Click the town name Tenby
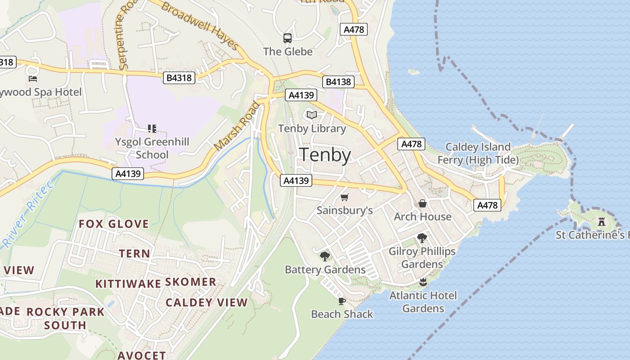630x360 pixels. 325,155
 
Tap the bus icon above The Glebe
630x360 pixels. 288,38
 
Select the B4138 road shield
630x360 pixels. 338,82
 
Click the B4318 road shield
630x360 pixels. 179,78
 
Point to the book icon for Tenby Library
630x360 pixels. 312,115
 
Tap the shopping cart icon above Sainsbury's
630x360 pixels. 345,197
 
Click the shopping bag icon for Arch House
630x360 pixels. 423,203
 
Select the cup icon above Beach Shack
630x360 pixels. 342,301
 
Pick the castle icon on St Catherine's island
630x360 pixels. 602,221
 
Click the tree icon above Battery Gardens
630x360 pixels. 324,256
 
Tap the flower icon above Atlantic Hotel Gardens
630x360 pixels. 423,282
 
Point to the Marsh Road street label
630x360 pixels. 237,126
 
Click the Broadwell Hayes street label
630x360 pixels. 200,25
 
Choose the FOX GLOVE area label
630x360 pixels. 114,224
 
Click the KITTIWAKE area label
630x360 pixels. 128,283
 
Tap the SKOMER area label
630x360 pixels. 190,282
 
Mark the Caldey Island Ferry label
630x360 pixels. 477,153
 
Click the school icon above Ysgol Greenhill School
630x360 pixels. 152,129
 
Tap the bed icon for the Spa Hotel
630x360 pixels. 33,79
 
